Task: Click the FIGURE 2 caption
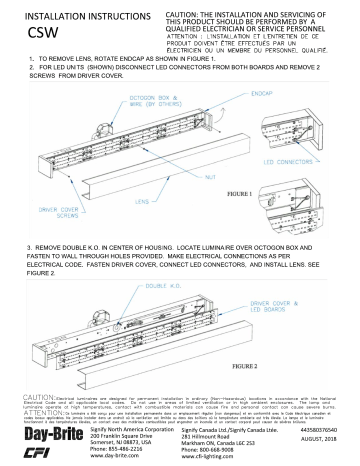click(295, 365)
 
